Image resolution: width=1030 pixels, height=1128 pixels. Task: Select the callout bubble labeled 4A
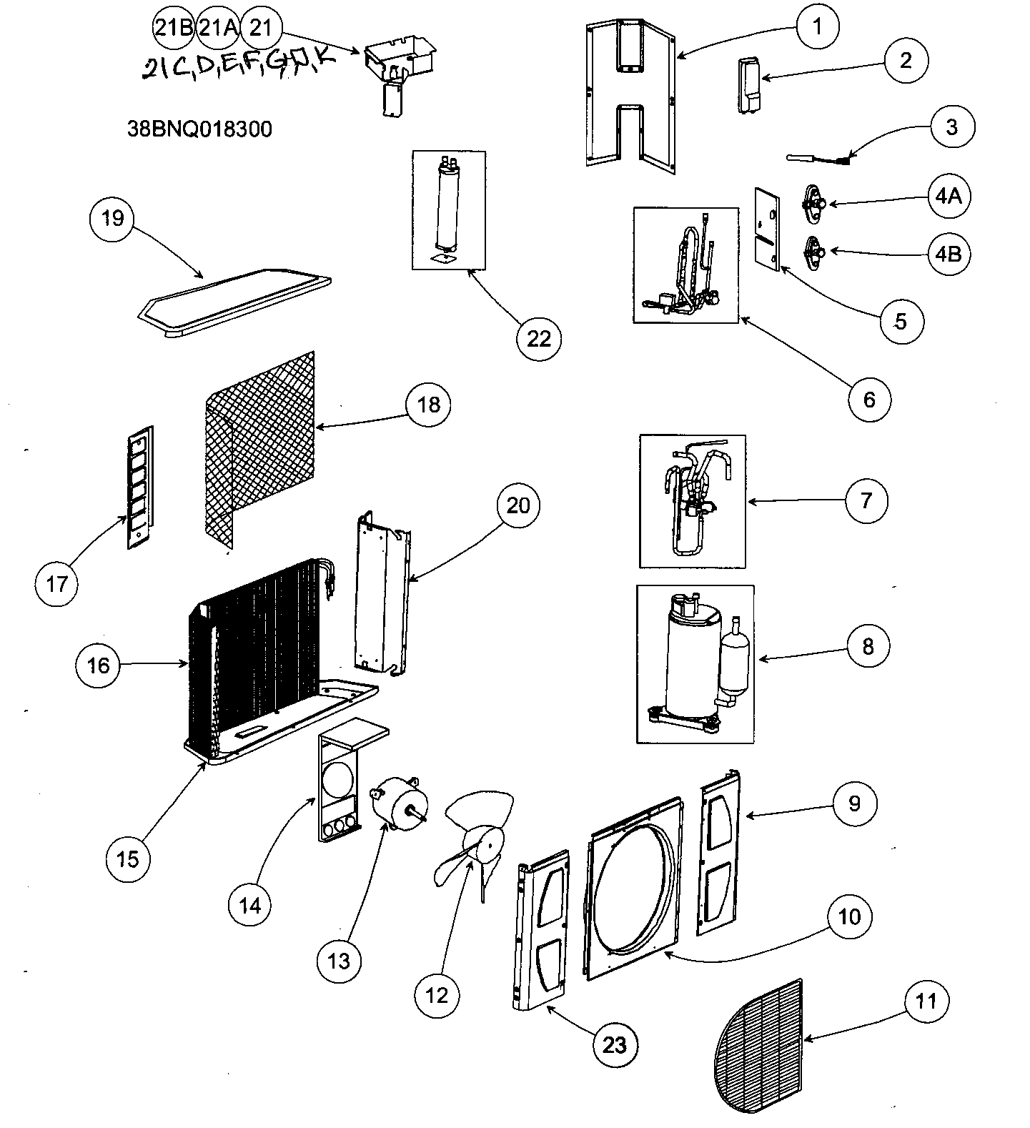[949, 196]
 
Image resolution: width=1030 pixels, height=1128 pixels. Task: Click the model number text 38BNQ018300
[199, 129]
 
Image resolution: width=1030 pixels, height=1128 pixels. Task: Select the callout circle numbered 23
[615, 1044]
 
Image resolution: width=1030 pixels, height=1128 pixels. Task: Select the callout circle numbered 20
[518, 505]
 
